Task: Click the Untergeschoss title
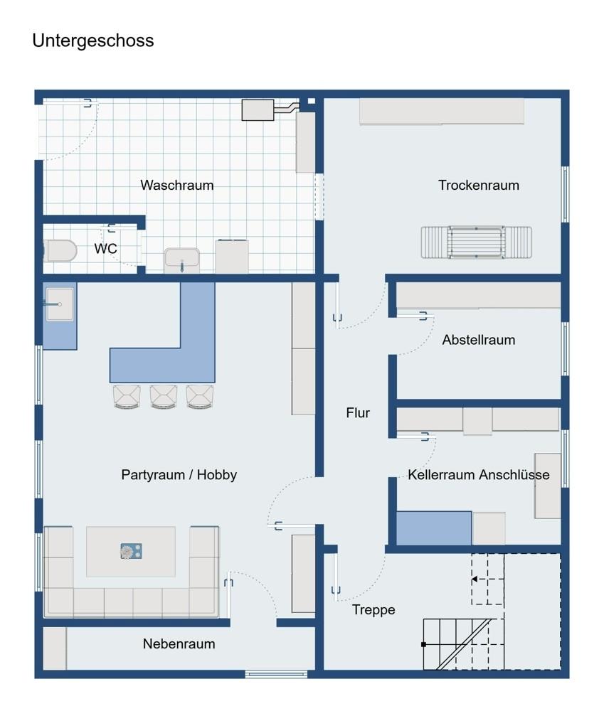[x=93, y=41]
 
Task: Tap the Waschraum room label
[x=177, y=185]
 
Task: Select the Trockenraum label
[x=479, y=185]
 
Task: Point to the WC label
[x=106, y=248]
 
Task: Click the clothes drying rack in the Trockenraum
[x=476, y=242]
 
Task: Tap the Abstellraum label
[x=479, y=340]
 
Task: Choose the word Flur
[x=358, y=412]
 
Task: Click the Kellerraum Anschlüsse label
[x=479, y=475]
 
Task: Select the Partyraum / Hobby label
[x=179, y=475]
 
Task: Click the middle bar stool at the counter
[x=164, y=397]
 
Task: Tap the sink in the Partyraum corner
[x=60, y=304]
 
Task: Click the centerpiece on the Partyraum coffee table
[x=131, y=551]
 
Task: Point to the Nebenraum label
[x=179, y=644]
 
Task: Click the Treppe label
[x=373, y=610]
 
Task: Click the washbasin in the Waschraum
[x=182, y=260]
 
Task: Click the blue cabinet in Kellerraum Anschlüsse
[x=434, y=528]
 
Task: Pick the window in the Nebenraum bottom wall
[x=276, y=675]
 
